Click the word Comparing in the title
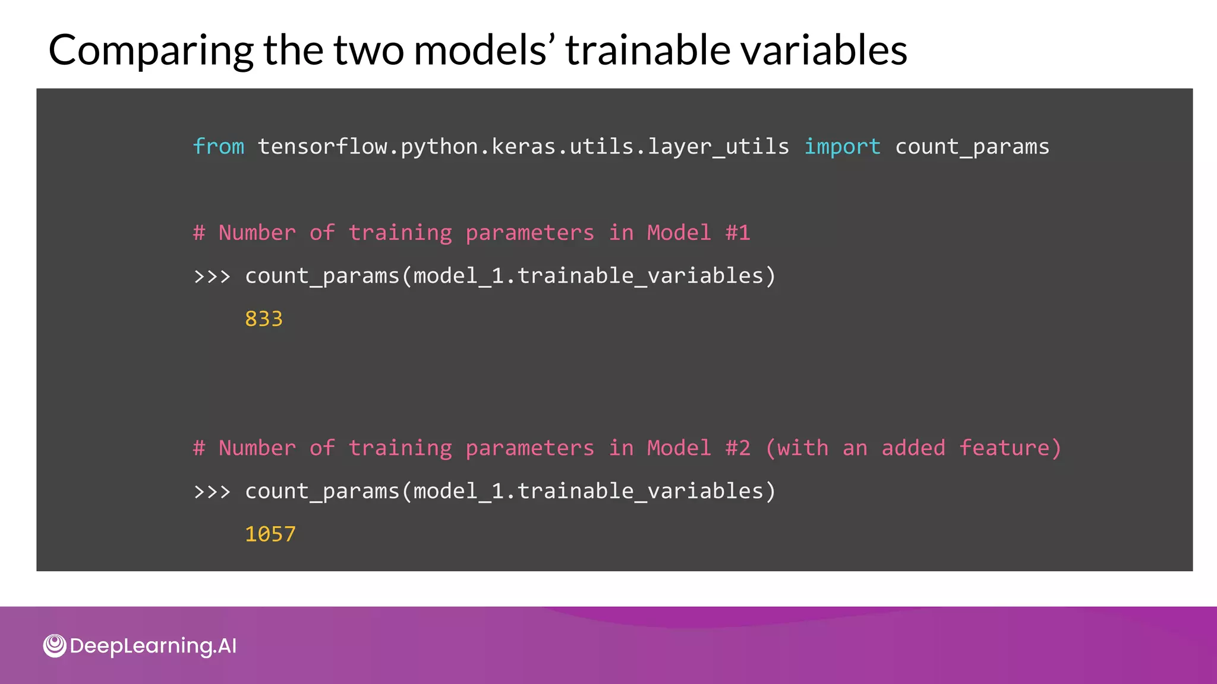click(x=151, y=51)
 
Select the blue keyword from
click(x=219, y=147)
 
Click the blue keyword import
click(x=842, y=147)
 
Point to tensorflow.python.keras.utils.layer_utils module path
click(x=524, y=147)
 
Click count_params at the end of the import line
click(x=972, y=147)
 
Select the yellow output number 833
click(x=264, y=319)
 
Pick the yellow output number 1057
click(x=270, y=534)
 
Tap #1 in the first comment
click(x=737, y=233)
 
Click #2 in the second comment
click(x=737, y=448)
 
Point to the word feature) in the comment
click(x=1010, y=448)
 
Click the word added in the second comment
click(x=913, y=448)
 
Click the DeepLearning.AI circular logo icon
click(x=55, y=646)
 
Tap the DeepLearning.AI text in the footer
click(x=153, y=646)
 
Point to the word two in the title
click(x=370, y=50)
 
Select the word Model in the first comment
click(x=679, y=233)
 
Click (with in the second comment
click(x=797, y=448)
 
